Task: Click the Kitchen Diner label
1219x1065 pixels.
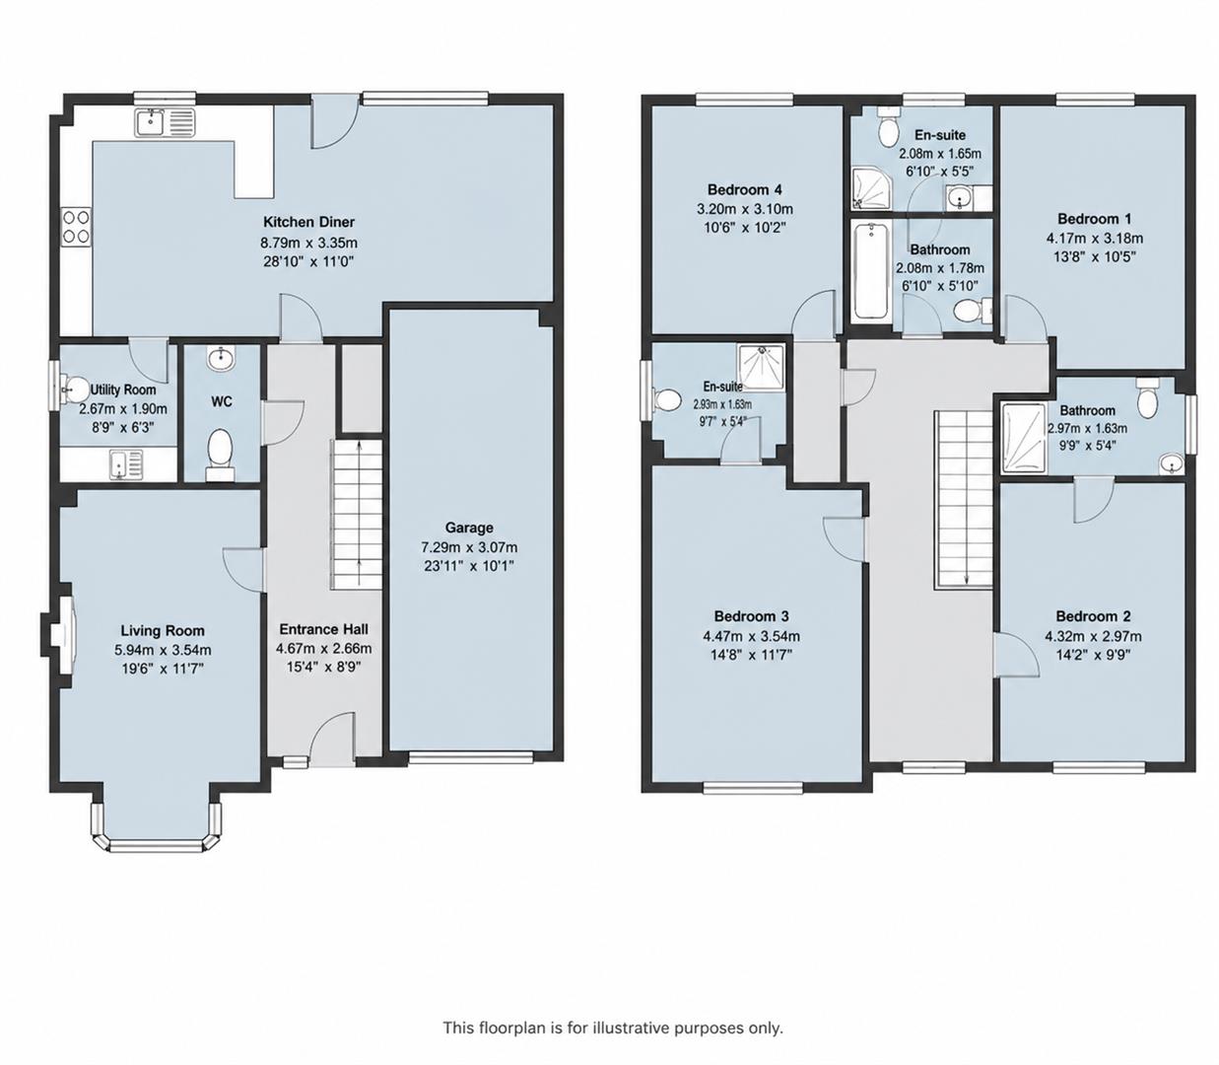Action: click(x=308, y=222)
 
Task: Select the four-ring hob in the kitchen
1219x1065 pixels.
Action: click(x=76, y=227)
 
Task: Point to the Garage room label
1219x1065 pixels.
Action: click(x=469, y=528)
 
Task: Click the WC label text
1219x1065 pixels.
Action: click(x=221, y=402)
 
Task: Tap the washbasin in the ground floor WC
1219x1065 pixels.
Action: click(x=222, y=359)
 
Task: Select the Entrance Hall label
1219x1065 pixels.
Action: click(x=323, y=629)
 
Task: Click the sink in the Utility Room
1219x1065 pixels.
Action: click(x=126, y=464)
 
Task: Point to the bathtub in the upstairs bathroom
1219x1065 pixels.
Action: click(x=870, y=272)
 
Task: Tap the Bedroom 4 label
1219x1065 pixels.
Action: click(x=745, y=190)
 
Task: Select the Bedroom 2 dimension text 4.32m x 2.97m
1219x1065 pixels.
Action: click(x=1093, y=636)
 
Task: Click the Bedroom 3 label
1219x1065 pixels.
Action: click(x=751, y=615)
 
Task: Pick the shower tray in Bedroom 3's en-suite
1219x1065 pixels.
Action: click(x=762, y=367)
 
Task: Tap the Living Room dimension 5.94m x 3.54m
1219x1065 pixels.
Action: click(x=163, y=650)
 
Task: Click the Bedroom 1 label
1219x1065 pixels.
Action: click(x=1095, y=219)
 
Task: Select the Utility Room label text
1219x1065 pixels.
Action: click(x=123, y=390)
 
